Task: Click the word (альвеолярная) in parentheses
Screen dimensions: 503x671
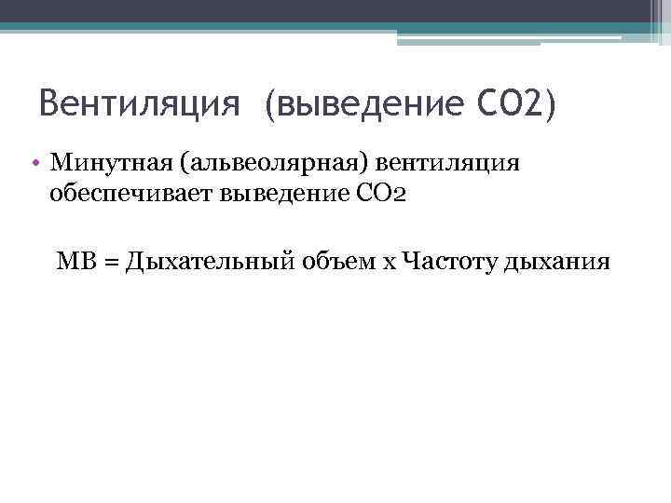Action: [x=274, y=165]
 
